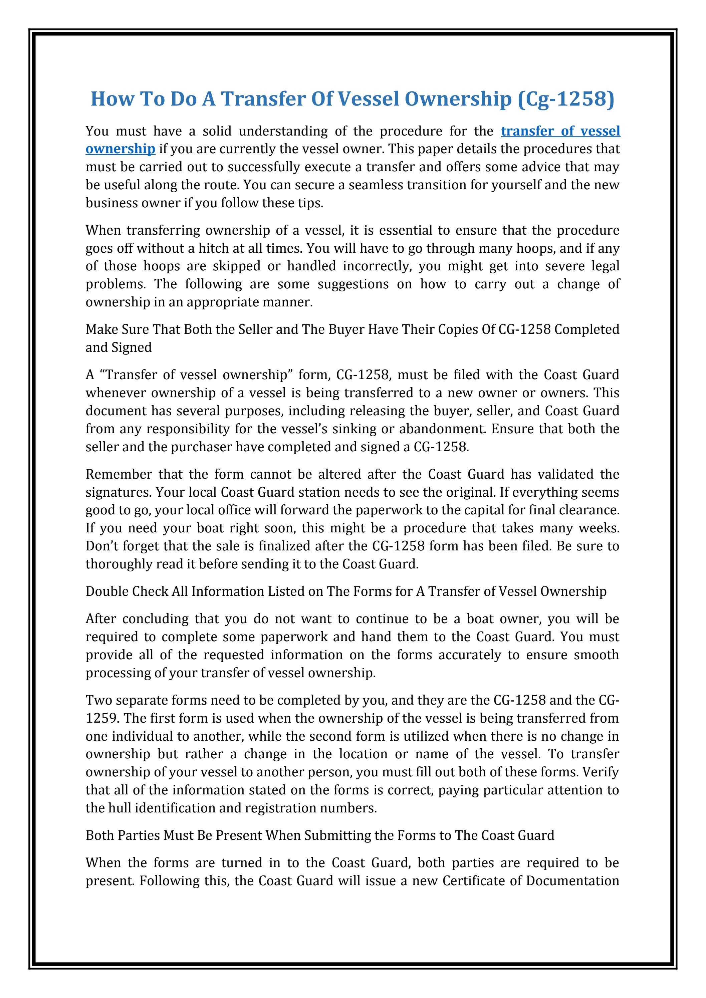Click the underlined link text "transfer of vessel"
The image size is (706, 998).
(560, 131)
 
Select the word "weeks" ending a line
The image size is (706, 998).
(598, 528)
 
